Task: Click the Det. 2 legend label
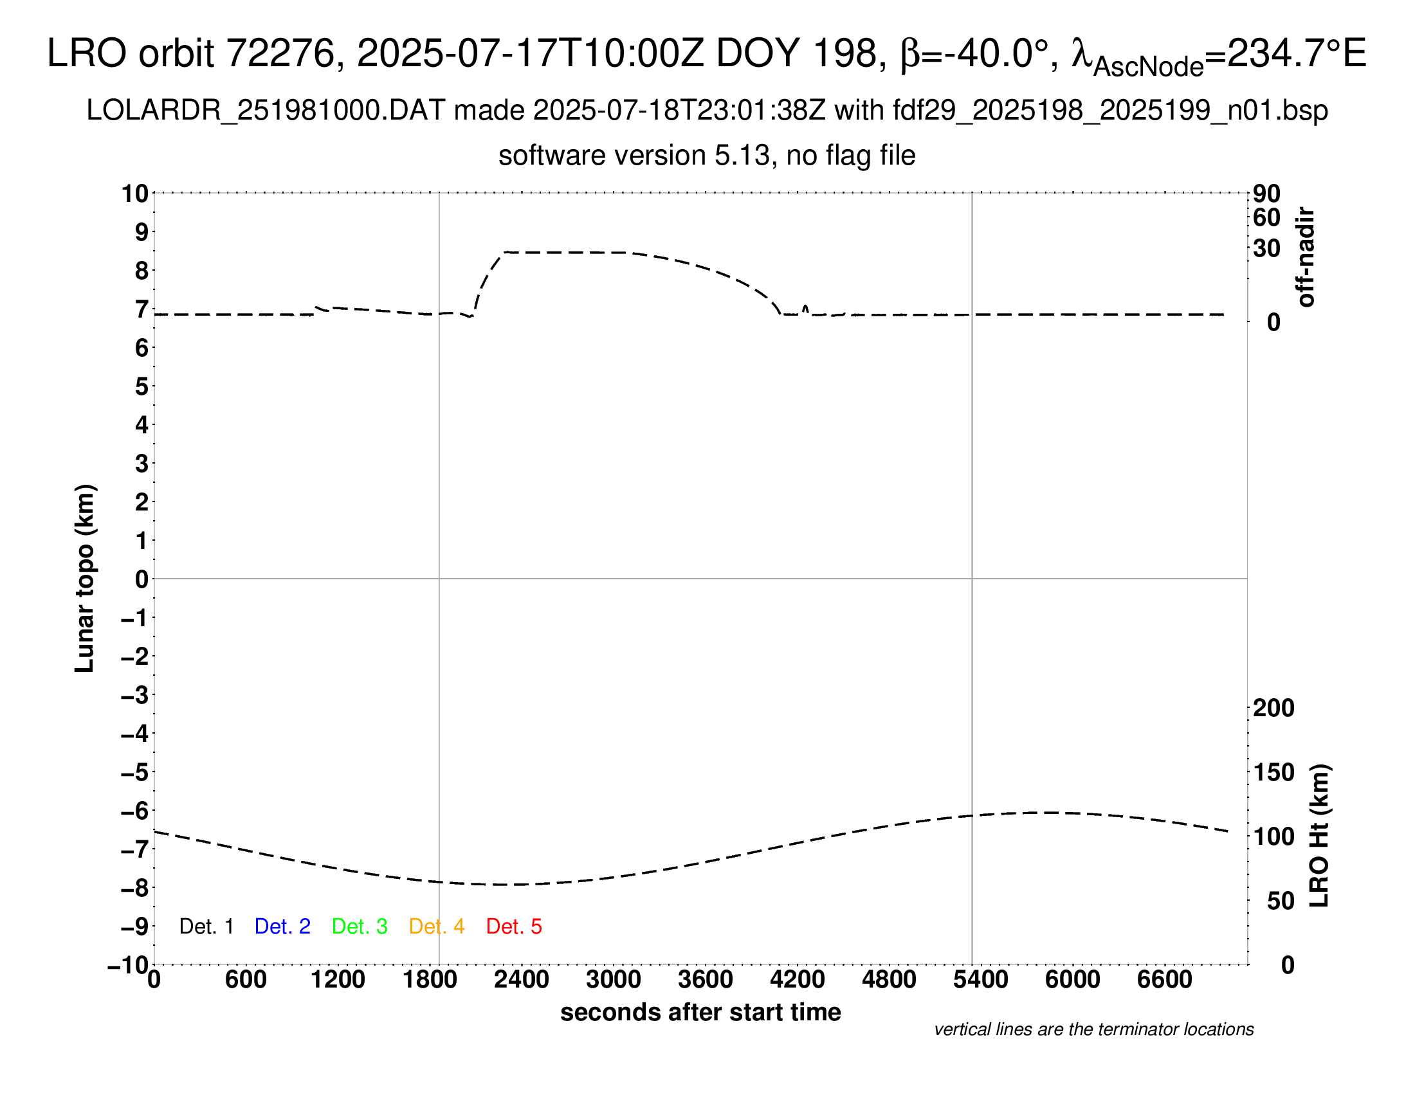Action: (282, 926)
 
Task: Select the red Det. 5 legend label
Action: (514, 926)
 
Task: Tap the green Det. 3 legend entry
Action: (360, 926)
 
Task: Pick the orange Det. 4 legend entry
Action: (437, 926)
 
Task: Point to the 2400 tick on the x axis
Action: (522, 979)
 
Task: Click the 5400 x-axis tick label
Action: (981, 979)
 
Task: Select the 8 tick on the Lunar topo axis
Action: (141, 271)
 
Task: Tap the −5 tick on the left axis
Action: (135, 772)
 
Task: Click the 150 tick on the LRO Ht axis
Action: (1273, 772)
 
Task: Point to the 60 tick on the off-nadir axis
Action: (1266, 217)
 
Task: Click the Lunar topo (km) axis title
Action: (85, 578)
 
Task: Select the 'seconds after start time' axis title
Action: (700, 1012)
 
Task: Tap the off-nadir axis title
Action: (1306, 257)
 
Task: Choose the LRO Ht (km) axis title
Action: (1319, 836)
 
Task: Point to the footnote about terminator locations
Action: (1093, 1029)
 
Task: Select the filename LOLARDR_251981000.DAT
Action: (266, 111)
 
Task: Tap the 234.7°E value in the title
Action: (1297, 53)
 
